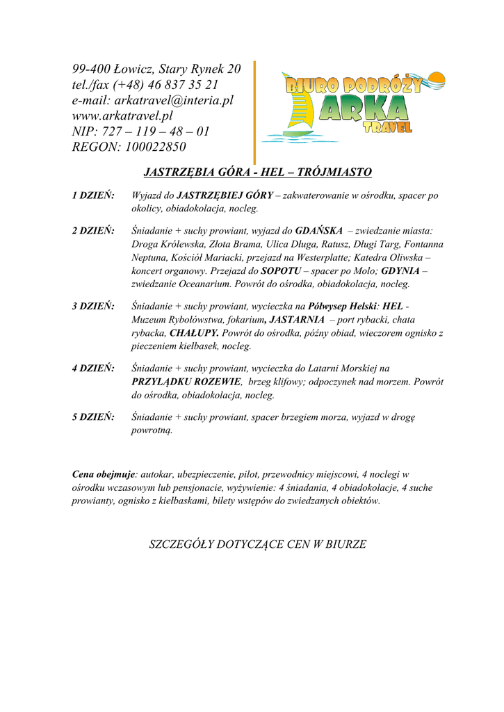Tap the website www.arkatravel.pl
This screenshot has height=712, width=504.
[122, 115]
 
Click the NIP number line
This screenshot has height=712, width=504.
[140, 131]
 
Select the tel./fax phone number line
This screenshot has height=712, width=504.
[145, 85]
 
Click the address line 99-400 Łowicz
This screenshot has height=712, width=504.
[156, 69]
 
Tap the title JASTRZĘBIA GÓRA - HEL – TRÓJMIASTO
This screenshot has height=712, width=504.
[257, 172]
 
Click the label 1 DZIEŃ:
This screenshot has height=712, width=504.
[93, 196]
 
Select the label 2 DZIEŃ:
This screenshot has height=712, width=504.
[93, 230]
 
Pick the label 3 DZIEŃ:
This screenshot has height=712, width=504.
[93, 306]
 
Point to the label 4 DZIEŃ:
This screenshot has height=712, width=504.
[93, 369]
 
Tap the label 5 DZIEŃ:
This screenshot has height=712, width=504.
[93, 417]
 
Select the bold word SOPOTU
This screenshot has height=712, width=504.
[279, 271]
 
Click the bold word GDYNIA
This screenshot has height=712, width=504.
[400, 271]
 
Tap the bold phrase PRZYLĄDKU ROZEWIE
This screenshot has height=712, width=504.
[186, 382]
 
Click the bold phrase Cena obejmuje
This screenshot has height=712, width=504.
[104, 474]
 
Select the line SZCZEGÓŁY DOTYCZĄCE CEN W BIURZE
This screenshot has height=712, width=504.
[257, 544]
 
